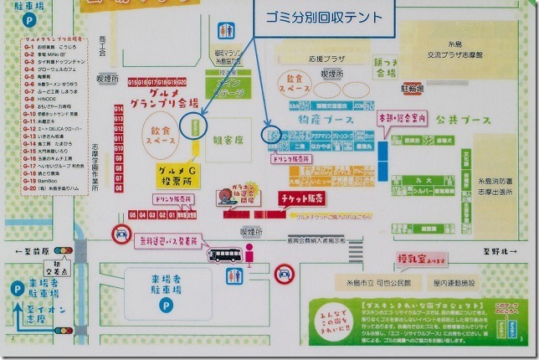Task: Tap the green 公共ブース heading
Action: (x=456, y=121)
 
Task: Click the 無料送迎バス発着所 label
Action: (x=168, y=241)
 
